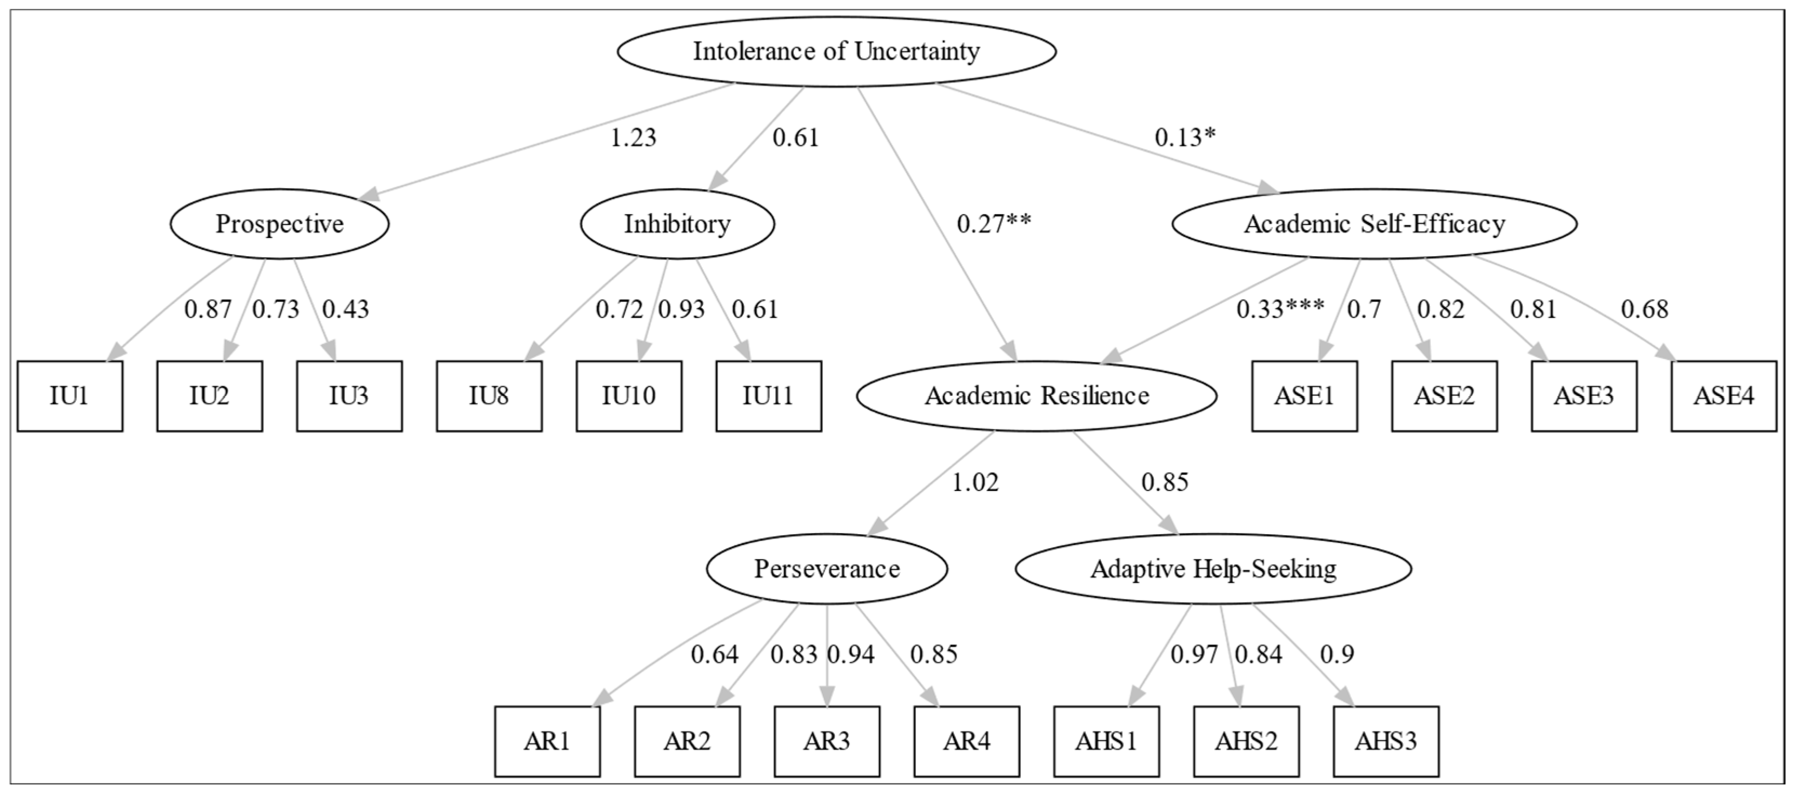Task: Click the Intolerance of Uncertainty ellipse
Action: [837, 51]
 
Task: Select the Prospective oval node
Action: [280, 224]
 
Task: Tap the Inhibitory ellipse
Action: [677, 224]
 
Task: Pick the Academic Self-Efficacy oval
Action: [1375, 224]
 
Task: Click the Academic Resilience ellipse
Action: [1037, 396]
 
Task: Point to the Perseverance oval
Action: [827, 569]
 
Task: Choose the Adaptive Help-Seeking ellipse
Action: [1213, 569]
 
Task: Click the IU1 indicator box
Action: [70, 396]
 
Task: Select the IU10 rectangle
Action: [629, 396]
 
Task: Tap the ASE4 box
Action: [1724, 396]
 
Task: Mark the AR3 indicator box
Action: [827, 741]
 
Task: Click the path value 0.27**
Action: [994, 224]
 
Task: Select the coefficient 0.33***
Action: [1281, 309]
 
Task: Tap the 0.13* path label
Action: [1185, 138]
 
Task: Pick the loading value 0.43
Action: [345, 309]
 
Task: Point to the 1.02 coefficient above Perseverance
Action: [975, 482]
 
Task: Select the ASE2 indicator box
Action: [1445, 396]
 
